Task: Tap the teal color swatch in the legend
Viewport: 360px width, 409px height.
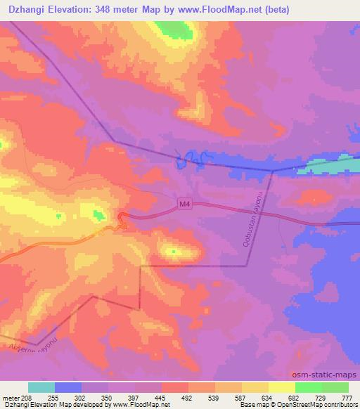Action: point(41,387)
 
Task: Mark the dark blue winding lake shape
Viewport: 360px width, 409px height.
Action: point(191,160)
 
